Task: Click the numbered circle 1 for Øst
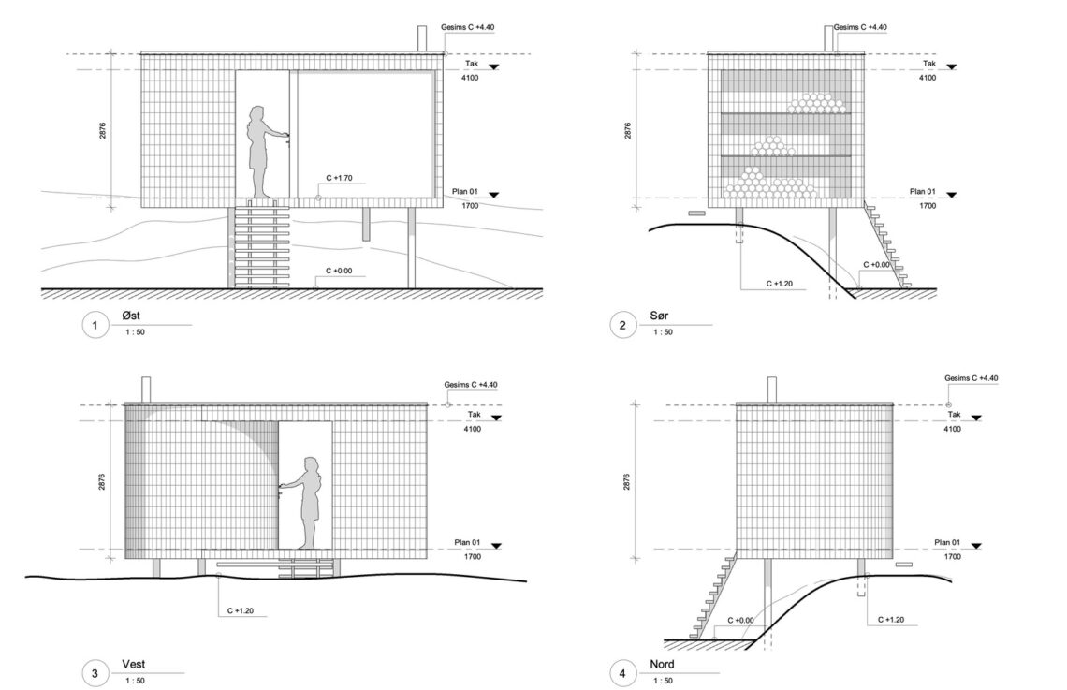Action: pyautogui.click(x=95, y=325)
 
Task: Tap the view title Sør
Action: pyautogui.click(x=659, y=316)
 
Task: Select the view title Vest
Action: pyautogui.click(x=133, y=664)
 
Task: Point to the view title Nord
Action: pyautogui.click(x=662, y=664)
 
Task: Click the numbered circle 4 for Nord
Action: pyautogui.click(x=622, y=674)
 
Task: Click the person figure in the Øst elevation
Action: pyautogui.click(x=262, y=152)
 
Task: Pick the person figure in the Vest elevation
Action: pyautogui.click(x=305, y=503)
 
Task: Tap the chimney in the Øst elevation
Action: pyautogui.click(x=422, y=38)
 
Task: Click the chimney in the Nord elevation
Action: pyautogui.click(x=771, y=389)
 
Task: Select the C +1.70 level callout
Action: pyautogui.click(x=339, y=178)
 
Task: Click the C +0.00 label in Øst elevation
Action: pyautogui.click(x=339, y=271)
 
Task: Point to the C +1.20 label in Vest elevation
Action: pyautogui.click(x=241, y=611)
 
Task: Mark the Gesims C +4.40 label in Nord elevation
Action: pyautogui.click(x=971, y=378)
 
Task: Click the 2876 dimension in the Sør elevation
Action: pyautogui.click(x=627, y=131)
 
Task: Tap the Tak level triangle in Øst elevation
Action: pyautogui.click(x=494, y=66)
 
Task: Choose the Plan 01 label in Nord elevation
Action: pyautogui.click(x=947, y=542)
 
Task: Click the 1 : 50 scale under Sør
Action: pyautogui.click(x=663, y=332)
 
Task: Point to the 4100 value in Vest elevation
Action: pyautogui.click(x=473, y=429)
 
